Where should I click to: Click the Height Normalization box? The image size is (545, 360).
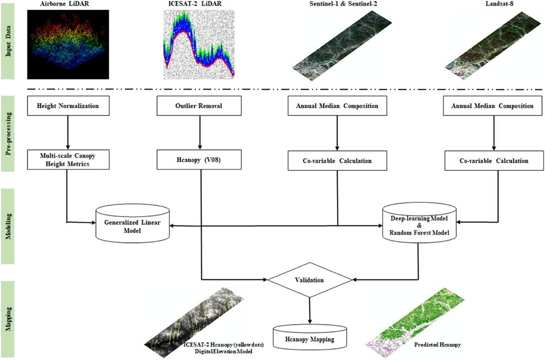pos(68,106)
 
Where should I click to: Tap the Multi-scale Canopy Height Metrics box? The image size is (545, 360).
pos(68,160)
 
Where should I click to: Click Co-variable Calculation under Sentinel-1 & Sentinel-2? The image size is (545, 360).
pos(336,160)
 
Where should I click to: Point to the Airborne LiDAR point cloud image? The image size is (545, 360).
pos(68,45)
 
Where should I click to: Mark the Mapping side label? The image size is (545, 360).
pos(8,318)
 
